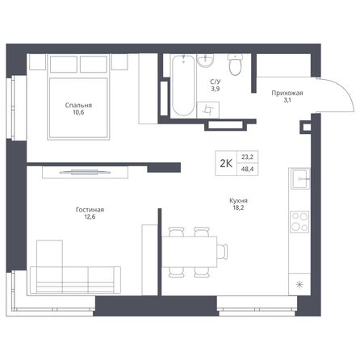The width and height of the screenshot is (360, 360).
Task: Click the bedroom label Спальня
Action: [x=78, y=105]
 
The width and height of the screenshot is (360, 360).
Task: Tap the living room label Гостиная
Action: [x=90, y=209]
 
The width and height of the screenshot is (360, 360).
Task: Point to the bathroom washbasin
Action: [x=205, y=62]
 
